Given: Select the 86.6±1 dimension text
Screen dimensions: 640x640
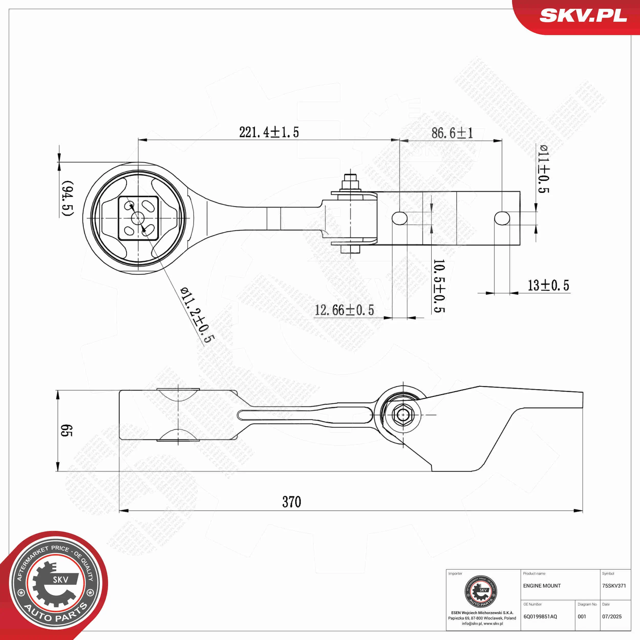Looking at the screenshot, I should (452, 133).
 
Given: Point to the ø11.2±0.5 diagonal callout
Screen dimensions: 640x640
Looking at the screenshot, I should (197, 315).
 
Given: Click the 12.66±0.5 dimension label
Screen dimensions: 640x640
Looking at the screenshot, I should (344, 310).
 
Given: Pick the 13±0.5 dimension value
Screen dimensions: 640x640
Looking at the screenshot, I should (548, 285).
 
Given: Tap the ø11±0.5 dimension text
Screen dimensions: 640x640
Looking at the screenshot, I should (543, 169).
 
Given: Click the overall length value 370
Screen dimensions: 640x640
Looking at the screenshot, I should (292, 502).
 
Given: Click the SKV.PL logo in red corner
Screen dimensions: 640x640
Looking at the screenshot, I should (583, 16).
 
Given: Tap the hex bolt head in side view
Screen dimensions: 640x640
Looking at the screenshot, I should (402, 414).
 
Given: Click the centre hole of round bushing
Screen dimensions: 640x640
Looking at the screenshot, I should (138, 218).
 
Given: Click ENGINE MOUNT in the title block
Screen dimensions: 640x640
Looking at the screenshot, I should (542, 586).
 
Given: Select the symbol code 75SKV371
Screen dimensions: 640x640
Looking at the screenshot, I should (614, 586).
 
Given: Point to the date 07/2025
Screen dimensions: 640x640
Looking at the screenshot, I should (612, 616).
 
